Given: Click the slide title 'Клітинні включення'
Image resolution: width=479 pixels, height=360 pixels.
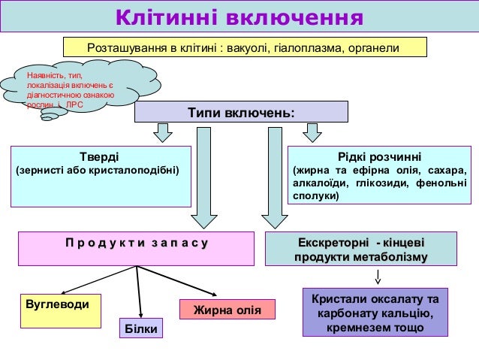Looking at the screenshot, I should pos(239,17).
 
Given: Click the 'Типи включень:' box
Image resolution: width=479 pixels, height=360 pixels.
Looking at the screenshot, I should pos(241,112).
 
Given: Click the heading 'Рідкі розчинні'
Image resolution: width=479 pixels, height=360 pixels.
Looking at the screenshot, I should pos(379,156).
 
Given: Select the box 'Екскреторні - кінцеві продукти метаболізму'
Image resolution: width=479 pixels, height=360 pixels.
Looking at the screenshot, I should pos(361,250).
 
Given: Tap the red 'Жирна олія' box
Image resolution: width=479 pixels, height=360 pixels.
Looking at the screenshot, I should pos(227,309).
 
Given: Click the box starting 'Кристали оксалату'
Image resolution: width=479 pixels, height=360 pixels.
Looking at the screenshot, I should pos(375,312).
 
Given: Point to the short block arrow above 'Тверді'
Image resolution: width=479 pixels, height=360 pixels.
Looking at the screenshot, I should pos(162,135).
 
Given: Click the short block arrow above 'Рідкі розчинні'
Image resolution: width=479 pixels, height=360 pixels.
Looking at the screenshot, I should pos(311,135).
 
